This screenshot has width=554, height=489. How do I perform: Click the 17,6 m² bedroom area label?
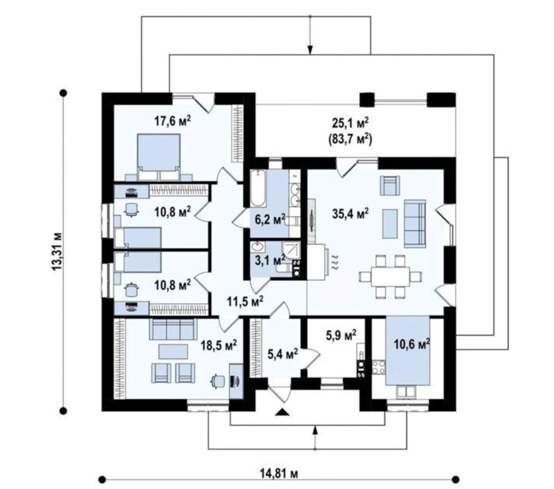[172, 121]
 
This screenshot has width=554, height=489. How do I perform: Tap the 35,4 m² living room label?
[350, 212]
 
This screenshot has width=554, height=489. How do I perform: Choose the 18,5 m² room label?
[219, 345]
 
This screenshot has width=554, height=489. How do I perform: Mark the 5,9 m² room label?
[339, 336]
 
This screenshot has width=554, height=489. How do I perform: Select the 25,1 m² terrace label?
[350, 123]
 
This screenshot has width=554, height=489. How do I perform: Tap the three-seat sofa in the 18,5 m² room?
[172, 328]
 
